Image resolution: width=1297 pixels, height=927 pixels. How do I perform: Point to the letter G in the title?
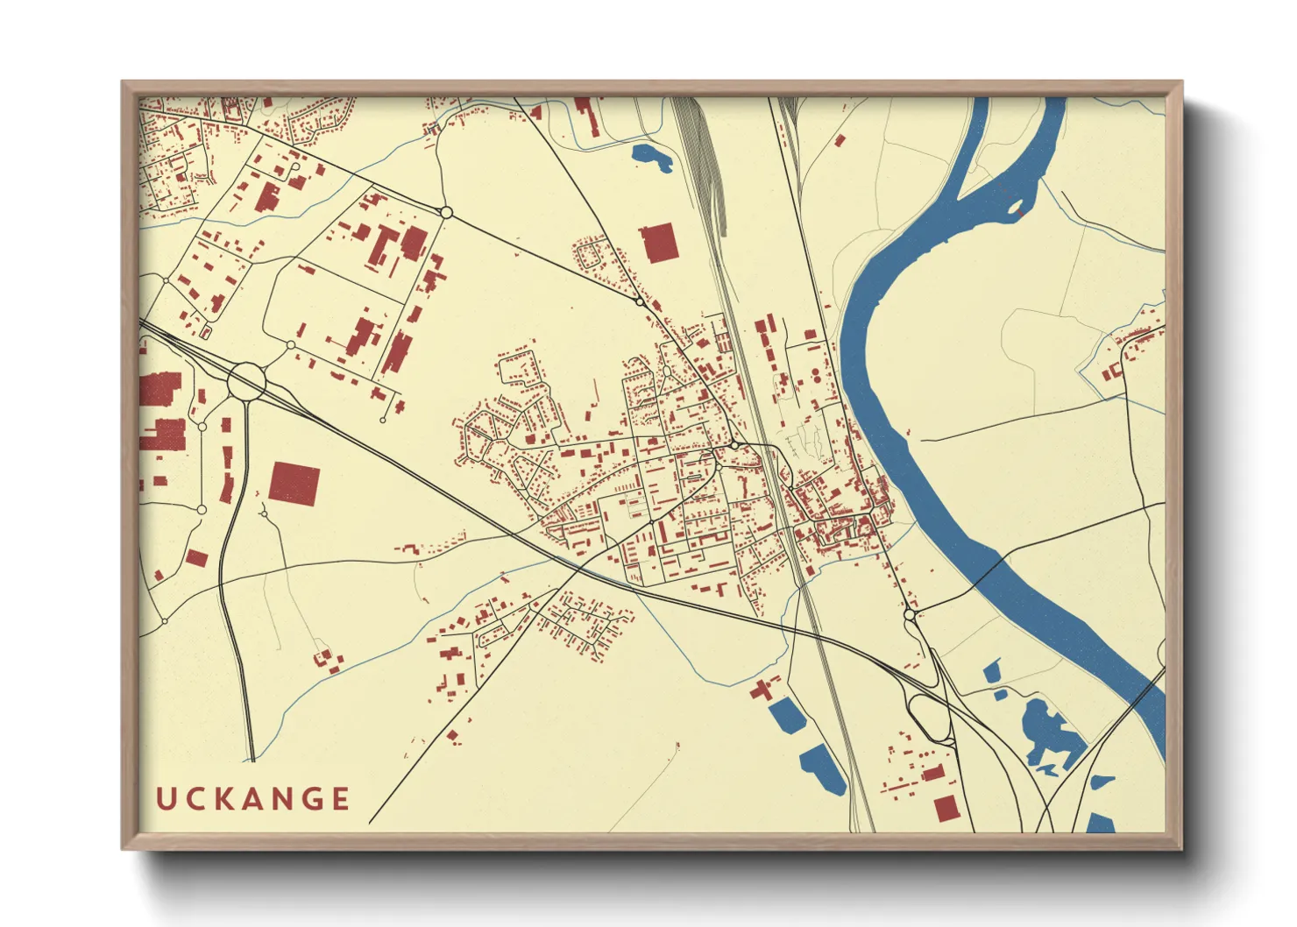(311, 799)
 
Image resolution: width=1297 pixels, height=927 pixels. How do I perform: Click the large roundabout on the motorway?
(247, 381)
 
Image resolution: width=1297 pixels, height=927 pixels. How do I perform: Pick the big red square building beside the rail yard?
(660, 243)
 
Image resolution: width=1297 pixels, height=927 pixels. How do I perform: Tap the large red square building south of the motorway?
(294, 483)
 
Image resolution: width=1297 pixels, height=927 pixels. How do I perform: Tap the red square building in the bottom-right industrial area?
(946, 809)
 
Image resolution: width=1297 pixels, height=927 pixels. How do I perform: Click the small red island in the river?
(1018, 210)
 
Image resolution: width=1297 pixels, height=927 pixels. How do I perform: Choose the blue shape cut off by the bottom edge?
(1100, 824)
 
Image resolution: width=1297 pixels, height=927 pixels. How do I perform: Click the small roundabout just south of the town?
(910, 616)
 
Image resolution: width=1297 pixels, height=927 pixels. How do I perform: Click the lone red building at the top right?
(839, 139)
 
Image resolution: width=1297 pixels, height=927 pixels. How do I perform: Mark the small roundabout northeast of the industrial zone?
(445, 212)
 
